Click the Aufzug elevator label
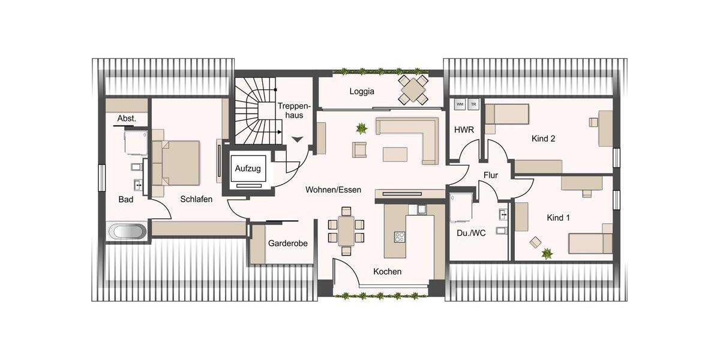point(248,169)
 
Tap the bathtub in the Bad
point(125,232)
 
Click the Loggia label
point(362,92)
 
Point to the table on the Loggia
point(413,89)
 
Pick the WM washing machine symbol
point(460,104)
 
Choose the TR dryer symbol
point(473,104)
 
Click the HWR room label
point(464,130)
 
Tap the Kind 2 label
point(543,139)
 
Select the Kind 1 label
point(558,218)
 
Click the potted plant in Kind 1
point(547,254)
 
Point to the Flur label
point(491,175)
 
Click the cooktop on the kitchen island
point(400,236)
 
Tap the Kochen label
point(387,271)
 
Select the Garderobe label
point(288,244)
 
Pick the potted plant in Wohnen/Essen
point(361,128)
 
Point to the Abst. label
point(127,119)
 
